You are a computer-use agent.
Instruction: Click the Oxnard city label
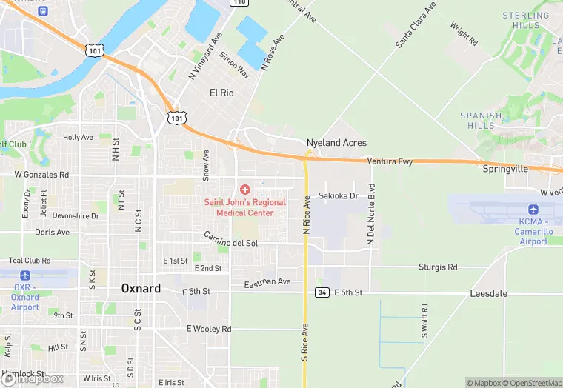point(140,288)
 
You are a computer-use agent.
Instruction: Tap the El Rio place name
point(222,93)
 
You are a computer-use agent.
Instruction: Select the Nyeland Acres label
point(336,142)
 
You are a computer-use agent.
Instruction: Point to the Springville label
point(505,169)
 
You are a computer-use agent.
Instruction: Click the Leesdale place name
point(489,293)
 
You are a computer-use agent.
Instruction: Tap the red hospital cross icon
point(245,190)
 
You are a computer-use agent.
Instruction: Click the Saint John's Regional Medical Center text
point(244,207)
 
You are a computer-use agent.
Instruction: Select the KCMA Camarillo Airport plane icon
point(533,210)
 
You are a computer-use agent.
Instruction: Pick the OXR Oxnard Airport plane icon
point(24,275)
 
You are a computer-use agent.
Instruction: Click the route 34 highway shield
point(321,292)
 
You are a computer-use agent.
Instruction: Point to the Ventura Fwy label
point(389,161)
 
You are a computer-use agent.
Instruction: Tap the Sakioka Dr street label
point(339,195)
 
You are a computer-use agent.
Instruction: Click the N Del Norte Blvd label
point(372,215)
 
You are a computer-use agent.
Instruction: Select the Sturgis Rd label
point(438,267)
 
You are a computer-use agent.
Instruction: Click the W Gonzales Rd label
point(41,175)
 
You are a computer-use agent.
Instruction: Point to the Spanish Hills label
point(482,121)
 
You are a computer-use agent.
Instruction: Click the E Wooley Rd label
point(209,328)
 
